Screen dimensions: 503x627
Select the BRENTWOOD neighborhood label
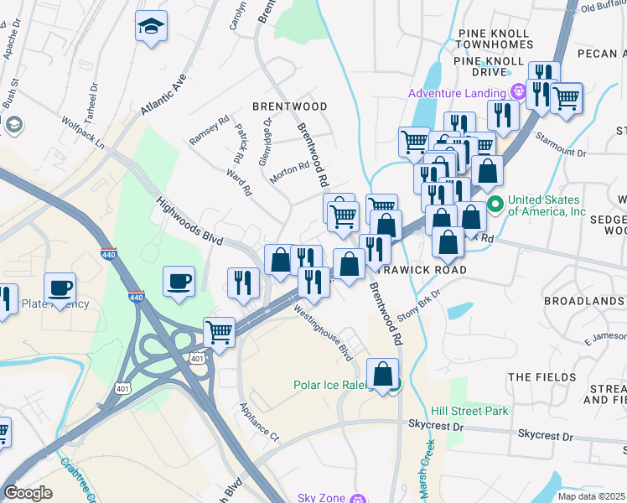[x=290, y=107]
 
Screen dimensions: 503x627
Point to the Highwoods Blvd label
[x=189, y=221]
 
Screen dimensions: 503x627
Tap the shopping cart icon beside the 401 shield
[x=219, y=331]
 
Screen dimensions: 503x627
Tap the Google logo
[x=28, y=493]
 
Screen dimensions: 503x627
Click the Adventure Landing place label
[x=457, y=93]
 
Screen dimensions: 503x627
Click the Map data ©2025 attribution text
[x=591, y=496]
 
